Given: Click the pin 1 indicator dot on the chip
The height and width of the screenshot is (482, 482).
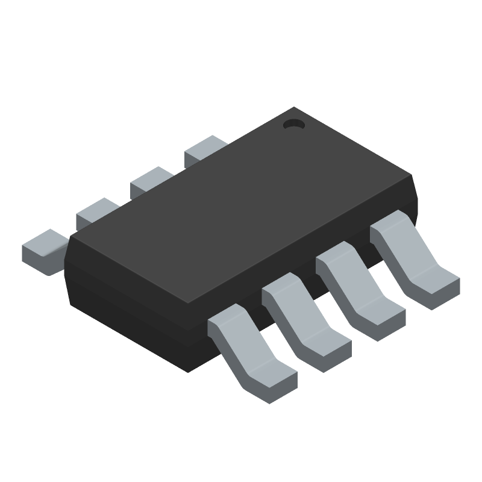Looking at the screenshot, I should click(294, 125).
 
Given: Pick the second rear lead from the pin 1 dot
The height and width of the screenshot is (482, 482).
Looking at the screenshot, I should click(151, 181).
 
